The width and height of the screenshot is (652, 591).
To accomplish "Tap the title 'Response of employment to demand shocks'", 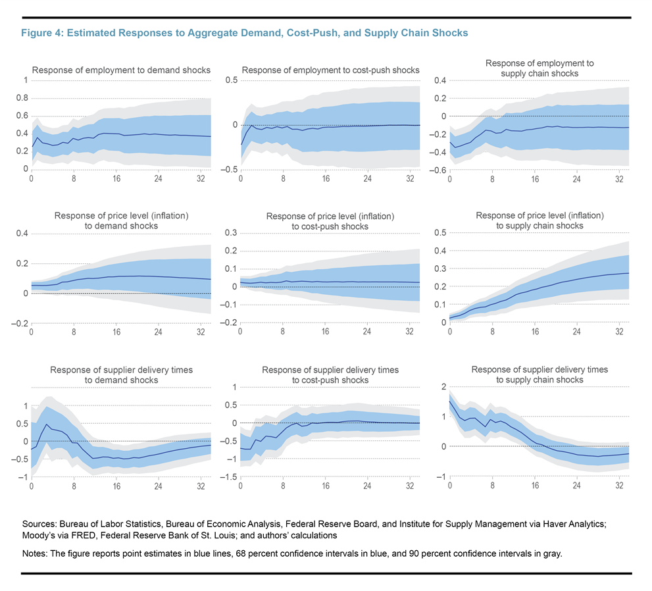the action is [122, 70].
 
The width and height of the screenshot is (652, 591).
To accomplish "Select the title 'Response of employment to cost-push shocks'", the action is [330, 70].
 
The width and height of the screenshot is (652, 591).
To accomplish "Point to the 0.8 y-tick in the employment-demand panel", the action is [22, 98].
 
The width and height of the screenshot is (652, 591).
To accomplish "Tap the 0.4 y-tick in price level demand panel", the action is [22, 234].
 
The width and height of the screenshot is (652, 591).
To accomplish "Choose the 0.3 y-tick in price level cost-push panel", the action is [231, 233].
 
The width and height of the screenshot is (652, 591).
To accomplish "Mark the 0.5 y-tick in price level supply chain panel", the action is [440, 233].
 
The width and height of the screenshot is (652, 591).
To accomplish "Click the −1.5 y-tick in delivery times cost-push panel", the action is [229, 477].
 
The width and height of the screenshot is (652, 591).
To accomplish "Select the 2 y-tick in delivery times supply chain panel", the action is [443, 387].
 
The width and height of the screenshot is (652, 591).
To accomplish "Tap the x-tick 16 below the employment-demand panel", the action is [116, 179].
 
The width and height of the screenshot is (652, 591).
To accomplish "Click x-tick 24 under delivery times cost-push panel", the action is [367, 486].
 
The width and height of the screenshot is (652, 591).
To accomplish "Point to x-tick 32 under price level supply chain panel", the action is [620, 332].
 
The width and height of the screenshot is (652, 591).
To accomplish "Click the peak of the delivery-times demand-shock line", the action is [47, 424].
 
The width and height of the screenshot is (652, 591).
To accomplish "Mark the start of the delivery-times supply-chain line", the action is [449, 401].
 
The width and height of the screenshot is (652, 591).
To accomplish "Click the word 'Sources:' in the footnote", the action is [39, 524].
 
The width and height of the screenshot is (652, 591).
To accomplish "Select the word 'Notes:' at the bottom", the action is [35, 554].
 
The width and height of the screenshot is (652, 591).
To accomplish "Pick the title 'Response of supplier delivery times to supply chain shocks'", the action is [539, 374].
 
